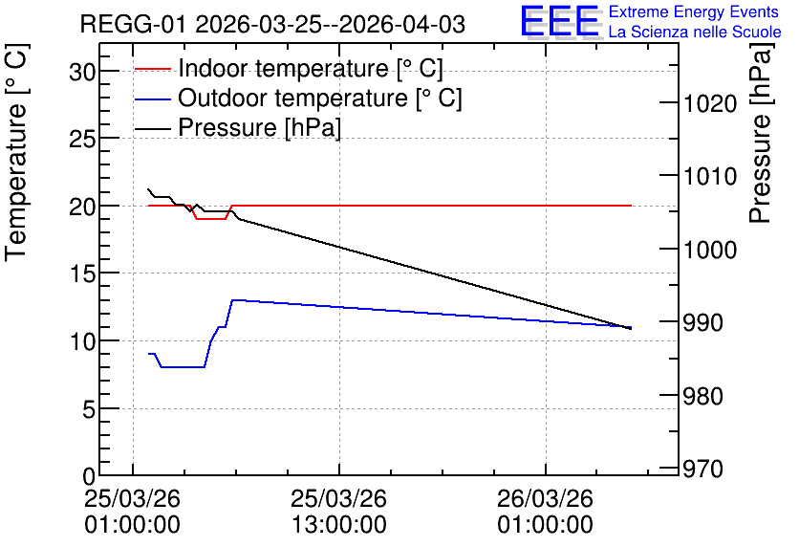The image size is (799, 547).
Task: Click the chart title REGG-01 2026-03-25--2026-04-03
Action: tap(272, 24)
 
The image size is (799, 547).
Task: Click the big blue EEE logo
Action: tap(559, 21)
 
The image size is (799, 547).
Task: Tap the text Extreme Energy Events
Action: tap(694, 11)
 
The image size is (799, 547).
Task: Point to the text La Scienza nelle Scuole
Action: tap(695, 33)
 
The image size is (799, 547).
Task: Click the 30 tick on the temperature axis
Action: tap(82, 73)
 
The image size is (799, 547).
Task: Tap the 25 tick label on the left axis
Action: tap(82, 139)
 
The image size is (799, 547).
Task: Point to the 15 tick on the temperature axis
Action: tap(82, 274)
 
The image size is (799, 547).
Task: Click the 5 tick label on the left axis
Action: tap(89, 409)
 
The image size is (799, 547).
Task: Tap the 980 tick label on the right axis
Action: tap(702, 396)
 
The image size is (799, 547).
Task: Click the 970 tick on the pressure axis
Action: tap(702, 469)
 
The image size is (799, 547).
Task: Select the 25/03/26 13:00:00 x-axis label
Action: tap(339, 512)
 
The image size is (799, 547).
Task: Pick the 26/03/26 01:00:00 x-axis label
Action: tap(545, 512)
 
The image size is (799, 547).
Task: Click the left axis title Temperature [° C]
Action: tap(16, 153)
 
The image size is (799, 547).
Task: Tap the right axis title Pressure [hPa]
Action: tap(760, 133)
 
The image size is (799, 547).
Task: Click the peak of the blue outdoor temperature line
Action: tap(233, 300)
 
